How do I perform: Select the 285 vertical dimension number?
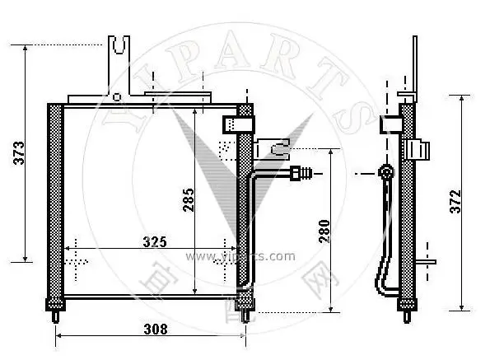click(188, 200)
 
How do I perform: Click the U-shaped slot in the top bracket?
click(120, 44)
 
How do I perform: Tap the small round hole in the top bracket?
click(117, 96)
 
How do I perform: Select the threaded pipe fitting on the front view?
click(301, 174)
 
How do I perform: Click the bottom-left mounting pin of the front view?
click(55, 315)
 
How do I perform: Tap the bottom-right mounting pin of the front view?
click(245, 315)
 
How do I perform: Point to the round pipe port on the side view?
click(384, 172)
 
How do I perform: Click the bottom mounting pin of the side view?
click(406, 315)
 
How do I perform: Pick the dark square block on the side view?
click(390, 124)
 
